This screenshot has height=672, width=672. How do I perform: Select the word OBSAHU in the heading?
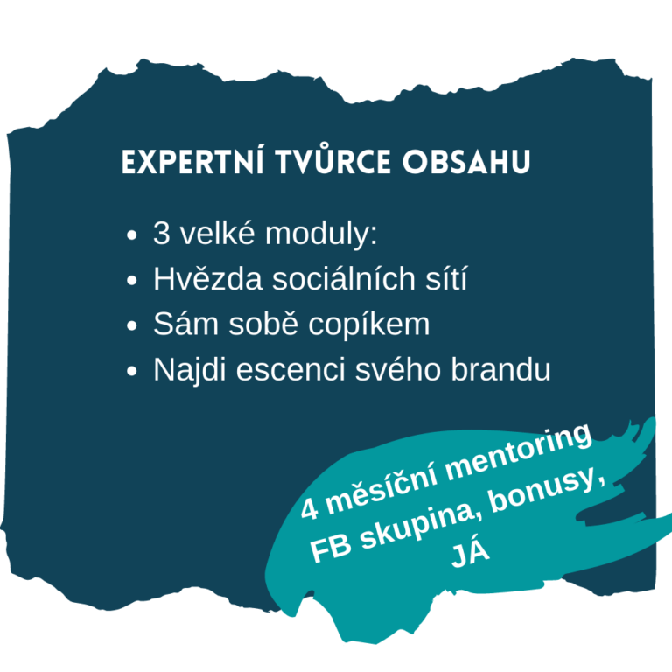466,162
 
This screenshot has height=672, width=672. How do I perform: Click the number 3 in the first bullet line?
161,234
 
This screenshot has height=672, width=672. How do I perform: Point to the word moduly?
321,234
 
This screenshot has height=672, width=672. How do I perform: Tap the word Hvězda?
208,278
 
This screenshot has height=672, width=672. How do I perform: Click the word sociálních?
344,278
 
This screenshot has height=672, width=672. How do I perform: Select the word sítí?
446,278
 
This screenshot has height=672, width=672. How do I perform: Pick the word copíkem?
368,325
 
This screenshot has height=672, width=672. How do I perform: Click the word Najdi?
189,370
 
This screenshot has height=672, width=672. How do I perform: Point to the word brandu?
500,369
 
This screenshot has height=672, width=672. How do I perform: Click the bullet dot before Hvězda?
132,280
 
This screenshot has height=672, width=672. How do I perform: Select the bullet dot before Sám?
132,325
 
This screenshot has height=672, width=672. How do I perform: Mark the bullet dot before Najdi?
132,371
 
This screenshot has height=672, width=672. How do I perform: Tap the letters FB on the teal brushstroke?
331,549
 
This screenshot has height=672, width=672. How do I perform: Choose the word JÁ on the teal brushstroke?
469,554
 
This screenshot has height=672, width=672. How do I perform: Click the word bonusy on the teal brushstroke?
544,492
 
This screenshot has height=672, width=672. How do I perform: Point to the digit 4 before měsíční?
310,509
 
